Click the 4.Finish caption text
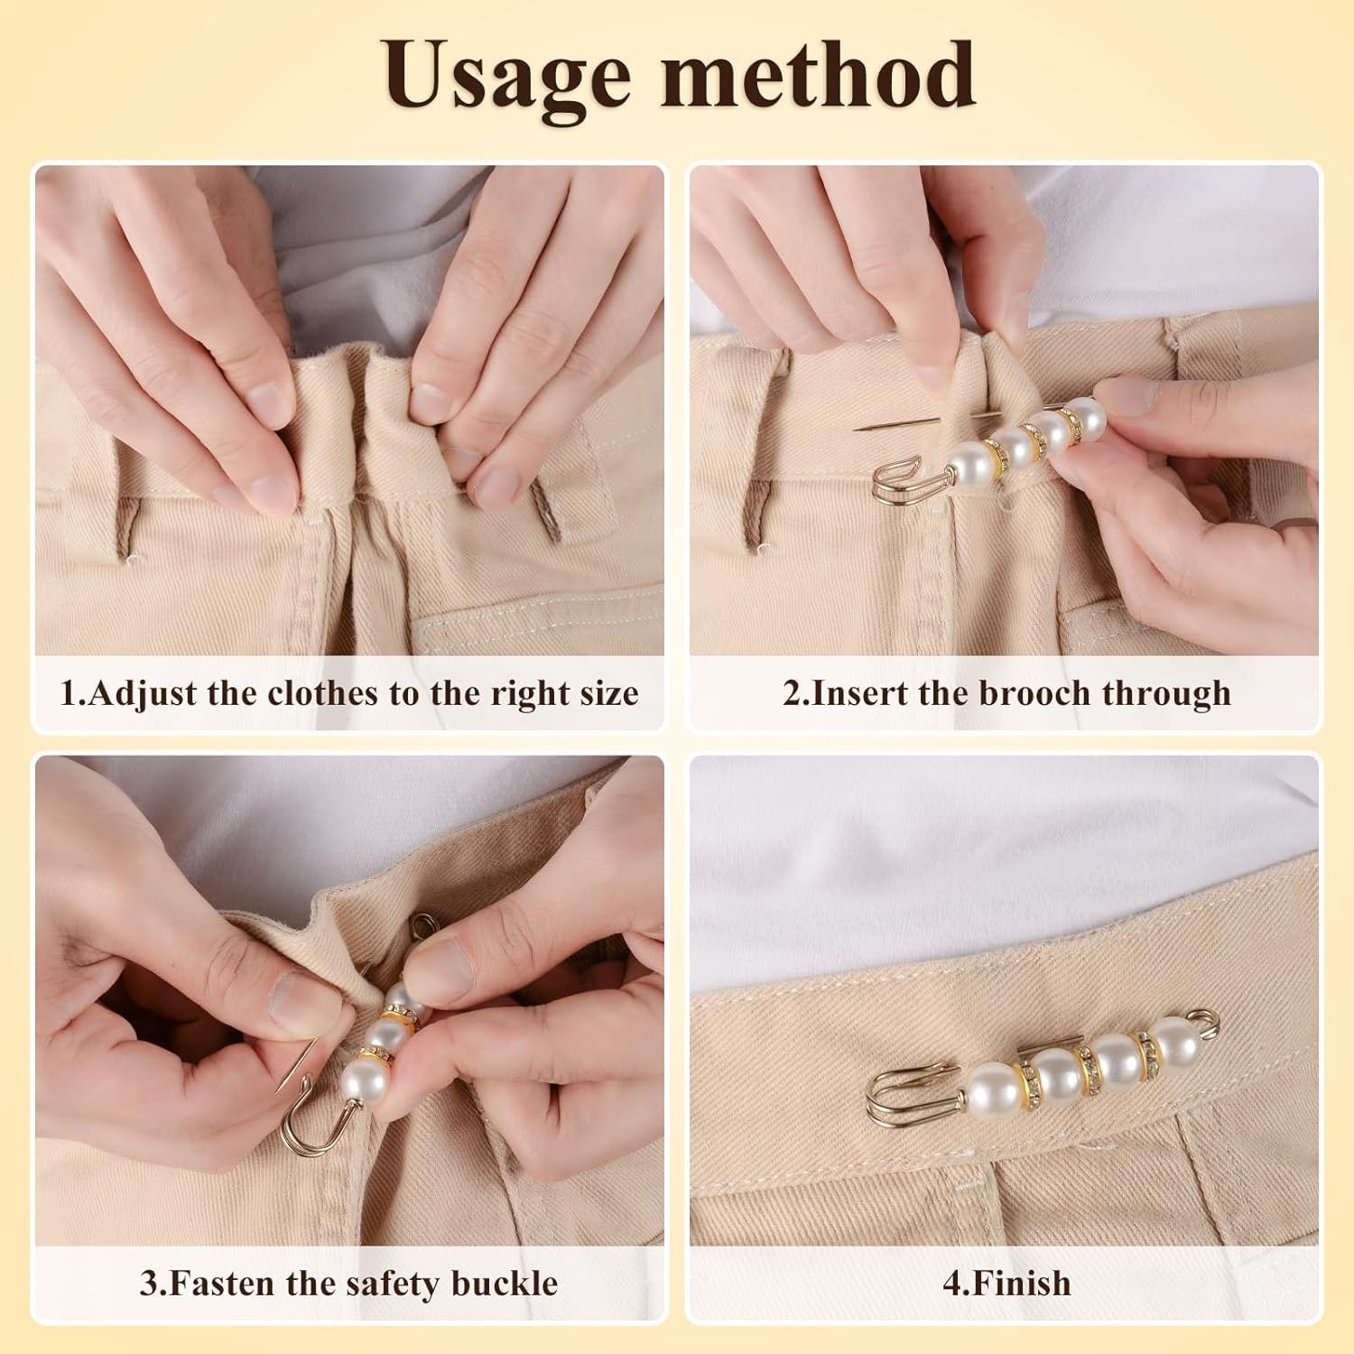point(1006,1283)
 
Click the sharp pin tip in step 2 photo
point(858,429)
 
